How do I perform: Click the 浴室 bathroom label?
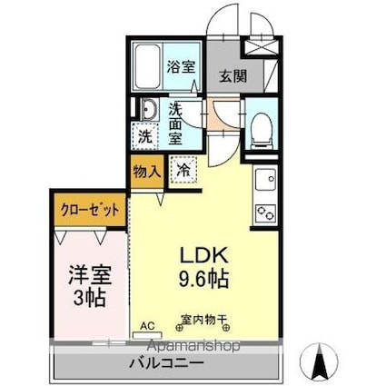click(x=181, y=66)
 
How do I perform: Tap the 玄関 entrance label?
click(x=232, y=76)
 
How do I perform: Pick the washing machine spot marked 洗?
click(x=145, y=136)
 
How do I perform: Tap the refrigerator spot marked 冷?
click(x=183, y=169)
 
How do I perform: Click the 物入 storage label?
click(x=147, y=171)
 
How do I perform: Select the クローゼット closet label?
click(x=90, y=208)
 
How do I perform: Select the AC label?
click(x=146, y=324)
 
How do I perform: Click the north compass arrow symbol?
click(x=322, y=362)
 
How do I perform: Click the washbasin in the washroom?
click(x=148, y=112)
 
